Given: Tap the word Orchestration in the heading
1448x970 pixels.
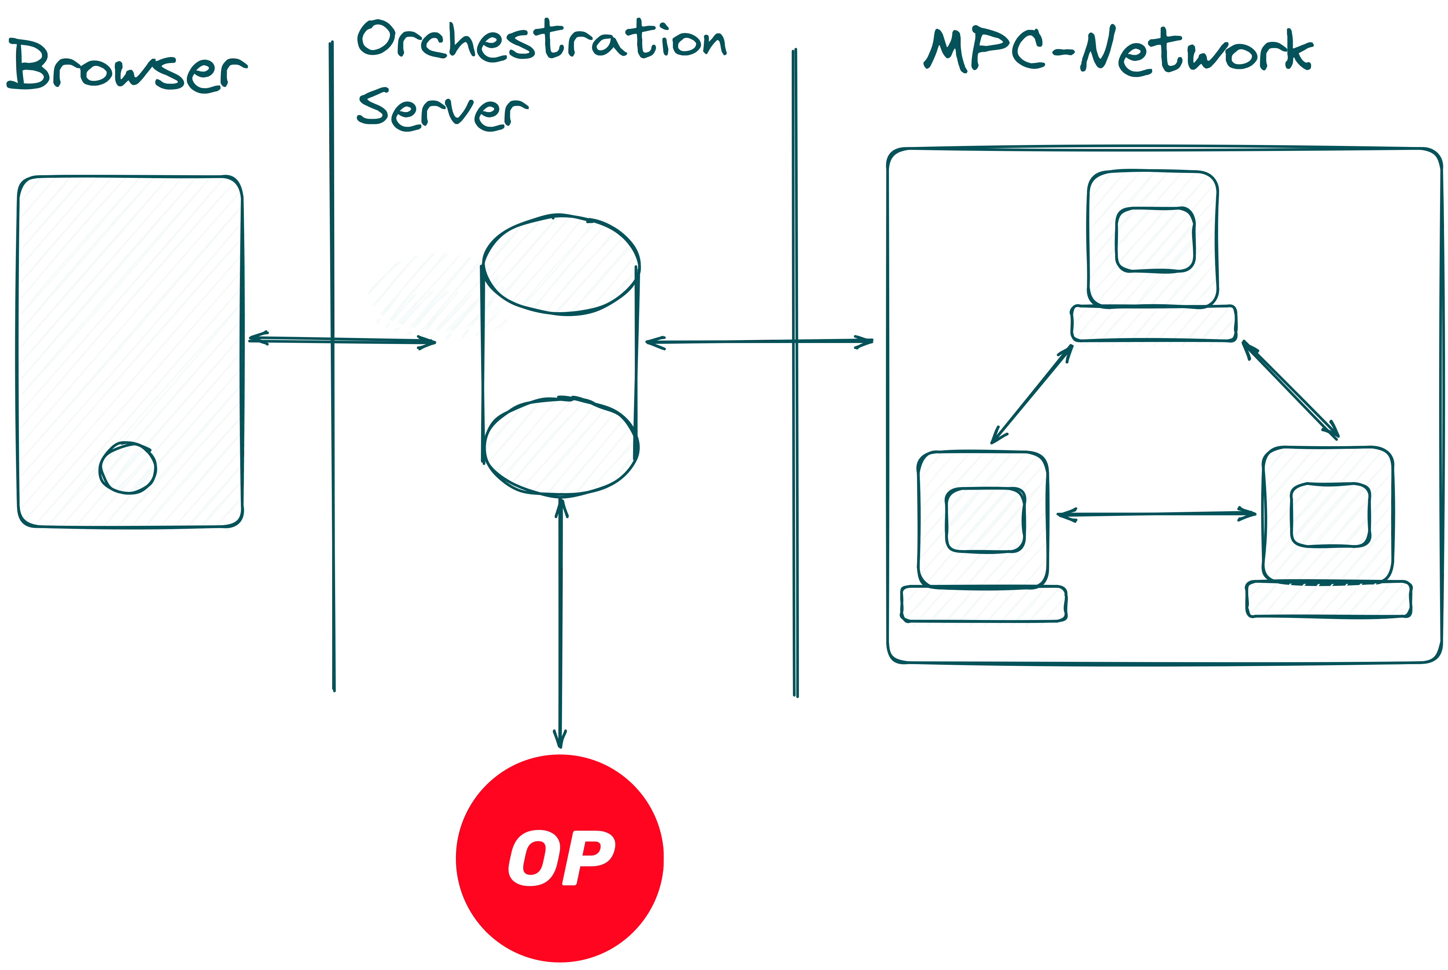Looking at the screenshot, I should coord(542,40).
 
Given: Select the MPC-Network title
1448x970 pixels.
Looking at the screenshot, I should coord(1117,53).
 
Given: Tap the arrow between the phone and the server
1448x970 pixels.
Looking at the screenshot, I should coord(340,340).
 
